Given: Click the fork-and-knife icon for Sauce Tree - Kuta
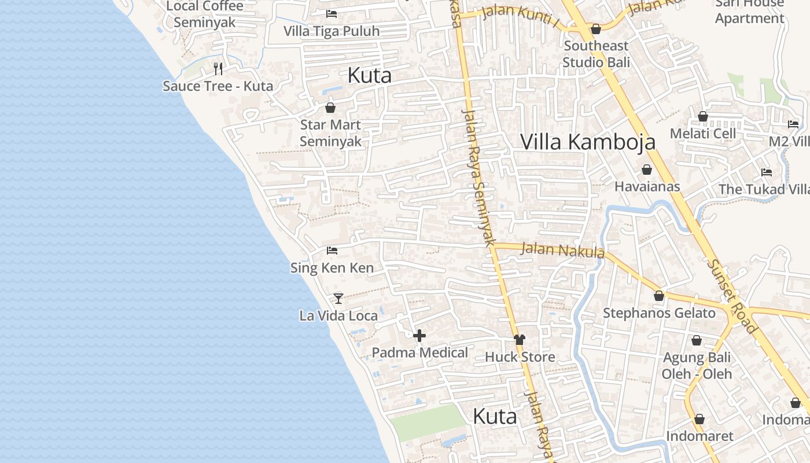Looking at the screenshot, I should pyautogui.click(x=218, y=69).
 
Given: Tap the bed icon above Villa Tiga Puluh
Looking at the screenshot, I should pyautogui.click(x=332, y=13).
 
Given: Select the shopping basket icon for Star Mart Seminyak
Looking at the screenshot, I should pyautogui.click(x=330, y=108).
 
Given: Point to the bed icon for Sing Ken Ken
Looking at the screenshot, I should pyautogui.click(x=332, y=251).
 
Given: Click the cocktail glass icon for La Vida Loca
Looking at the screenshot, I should pyautogui.click(x=338, y=298).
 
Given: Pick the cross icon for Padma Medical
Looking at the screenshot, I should pyautogui.click(x=419, y=335).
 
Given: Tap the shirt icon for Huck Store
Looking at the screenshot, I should pyautogui.click(x=520, y=340).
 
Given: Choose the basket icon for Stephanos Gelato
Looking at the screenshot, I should pyautogui.click(x=659, y=296).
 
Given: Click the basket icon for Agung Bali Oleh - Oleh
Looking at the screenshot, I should pyautogui.click(x=697, y=340).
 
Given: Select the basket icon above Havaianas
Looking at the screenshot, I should pyautogui.click(x=647, y=170).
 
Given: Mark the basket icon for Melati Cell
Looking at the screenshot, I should pyautogui.click(x=703, y=116).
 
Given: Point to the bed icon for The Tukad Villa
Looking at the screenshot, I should pyautogui.click(x=767, y=172).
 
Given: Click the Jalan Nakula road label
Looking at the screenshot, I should pyautogui.click(x=562, y=250).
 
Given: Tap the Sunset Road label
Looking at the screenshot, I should pyautogui.click(x=732, y=296).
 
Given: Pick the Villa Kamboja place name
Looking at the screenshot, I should pyautogui.click(x=588, y=142).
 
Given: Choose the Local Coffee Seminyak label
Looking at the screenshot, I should pyautogui.click(x=205, y=14).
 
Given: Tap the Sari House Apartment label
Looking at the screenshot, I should pyautogui.click(x=749, y=10).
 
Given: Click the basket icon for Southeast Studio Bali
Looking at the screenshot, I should pyautogui.click(x=596, y=29).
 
